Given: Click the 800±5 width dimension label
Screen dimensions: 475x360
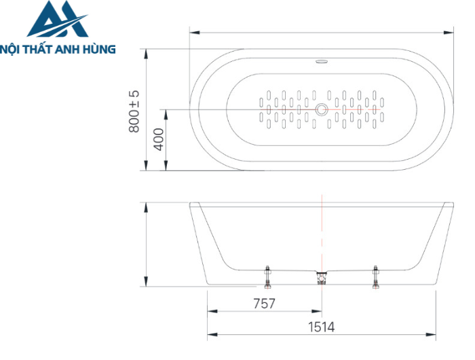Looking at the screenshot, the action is (x=134, y=111).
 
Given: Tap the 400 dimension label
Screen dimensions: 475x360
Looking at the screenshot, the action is (x=158, y=139).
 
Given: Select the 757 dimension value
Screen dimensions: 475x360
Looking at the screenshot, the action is (x=264, y=304).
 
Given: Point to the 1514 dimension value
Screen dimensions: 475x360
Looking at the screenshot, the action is (x=322, y=327).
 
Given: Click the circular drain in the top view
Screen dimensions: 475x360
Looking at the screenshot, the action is (x=322, y=109).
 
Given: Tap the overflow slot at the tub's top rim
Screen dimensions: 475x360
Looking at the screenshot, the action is (x=322, y=62).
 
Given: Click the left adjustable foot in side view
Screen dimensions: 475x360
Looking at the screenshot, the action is (x=267, y=277).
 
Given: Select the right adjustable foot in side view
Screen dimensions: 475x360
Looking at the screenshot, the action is (x=376, y=277).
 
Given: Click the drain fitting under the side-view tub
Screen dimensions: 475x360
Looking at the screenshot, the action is (x=322, y=278).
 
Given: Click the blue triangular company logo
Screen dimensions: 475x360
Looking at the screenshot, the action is (x=58, y=19).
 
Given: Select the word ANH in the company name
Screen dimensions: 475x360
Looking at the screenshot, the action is (x=66, y=49).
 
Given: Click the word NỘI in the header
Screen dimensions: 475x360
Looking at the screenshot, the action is (x=9, y=50).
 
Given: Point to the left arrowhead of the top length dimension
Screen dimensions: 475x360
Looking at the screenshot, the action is (x=195, y=32).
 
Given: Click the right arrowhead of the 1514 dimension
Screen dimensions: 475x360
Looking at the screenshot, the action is (x=431, y=334).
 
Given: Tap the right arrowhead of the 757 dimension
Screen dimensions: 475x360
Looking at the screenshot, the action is (x=317, y=311).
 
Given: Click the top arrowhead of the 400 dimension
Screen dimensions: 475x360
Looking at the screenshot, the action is (x=166, y=114).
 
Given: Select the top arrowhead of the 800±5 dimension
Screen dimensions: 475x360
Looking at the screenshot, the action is (x=146, y=54).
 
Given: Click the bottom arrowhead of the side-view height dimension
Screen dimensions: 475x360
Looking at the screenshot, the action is (x=146, y=281).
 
